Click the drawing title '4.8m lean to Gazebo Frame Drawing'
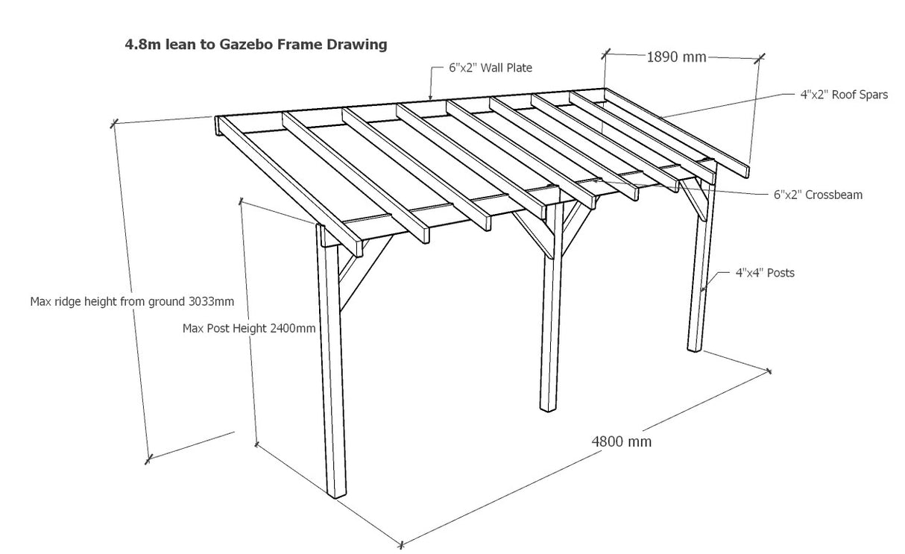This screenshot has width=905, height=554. point(256,45)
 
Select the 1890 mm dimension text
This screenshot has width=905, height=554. point(675,57)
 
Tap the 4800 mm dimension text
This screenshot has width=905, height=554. point(622,441)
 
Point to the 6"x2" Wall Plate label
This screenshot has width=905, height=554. point(490,68)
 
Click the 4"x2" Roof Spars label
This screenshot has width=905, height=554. point(839,95)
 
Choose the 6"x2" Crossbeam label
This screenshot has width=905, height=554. point(818,195)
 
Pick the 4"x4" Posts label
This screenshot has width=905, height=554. point(765,273)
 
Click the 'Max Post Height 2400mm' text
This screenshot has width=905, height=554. point(249,328)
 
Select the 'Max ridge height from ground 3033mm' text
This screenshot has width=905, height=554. point(132,302)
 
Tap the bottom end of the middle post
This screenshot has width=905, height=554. point(549,407)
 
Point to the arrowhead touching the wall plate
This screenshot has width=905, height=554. point(431,97)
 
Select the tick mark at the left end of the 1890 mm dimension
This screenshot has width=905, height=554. point(605,54)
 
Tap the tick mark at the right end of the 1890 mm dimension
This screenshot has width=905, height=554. point(760,57)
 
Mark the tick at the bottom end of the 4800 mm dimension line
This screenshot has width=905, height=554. point(400,544)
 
